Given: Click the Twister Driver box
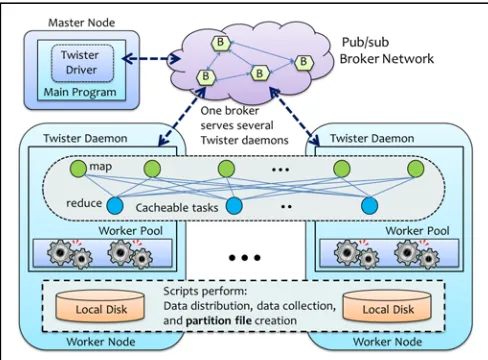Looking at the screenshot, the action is pos(82,63).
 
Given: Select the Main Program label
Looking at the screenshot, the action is pos(80,92).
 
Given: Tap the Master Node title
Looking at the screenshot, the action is pos(82,23).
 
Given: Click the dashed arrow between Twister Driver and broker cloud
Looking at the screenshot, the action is pos(152,59).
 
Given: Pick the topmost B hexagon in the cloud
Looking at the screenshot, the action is pos(221,42).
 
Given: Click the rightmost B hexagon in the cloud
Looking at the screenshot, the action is pos(304,62).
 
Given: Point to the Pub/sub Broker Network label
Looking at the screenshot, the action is pos(387,50).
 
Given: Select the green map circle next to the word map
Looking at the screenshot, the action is pos(78,168).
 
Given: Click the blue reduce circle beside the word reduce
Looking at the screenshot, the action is pos(115,206).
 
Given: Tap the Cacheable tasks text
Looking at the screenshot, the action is pos(177,208).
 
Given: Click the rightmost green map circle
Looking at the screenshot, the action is pos(415,168).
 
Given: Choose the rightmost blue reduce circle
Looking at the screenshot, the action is pos(369,205).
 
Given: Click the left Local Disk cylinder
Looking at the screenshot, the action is pos(100,307).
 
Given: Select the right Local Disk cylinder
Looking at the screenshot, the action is pos(387,307).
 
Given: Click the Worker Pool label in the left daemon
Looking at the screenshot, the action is pos(131,231).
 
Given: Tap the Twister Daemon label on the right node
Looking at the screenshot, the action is pos(372,138).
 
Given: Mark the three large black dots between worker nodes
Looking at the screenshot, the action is pos(245,258).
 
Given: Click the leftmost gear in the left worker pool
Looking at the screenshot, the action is pos(60,252).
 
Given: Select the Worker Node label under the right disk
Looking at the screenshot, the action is pos(387,342).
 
